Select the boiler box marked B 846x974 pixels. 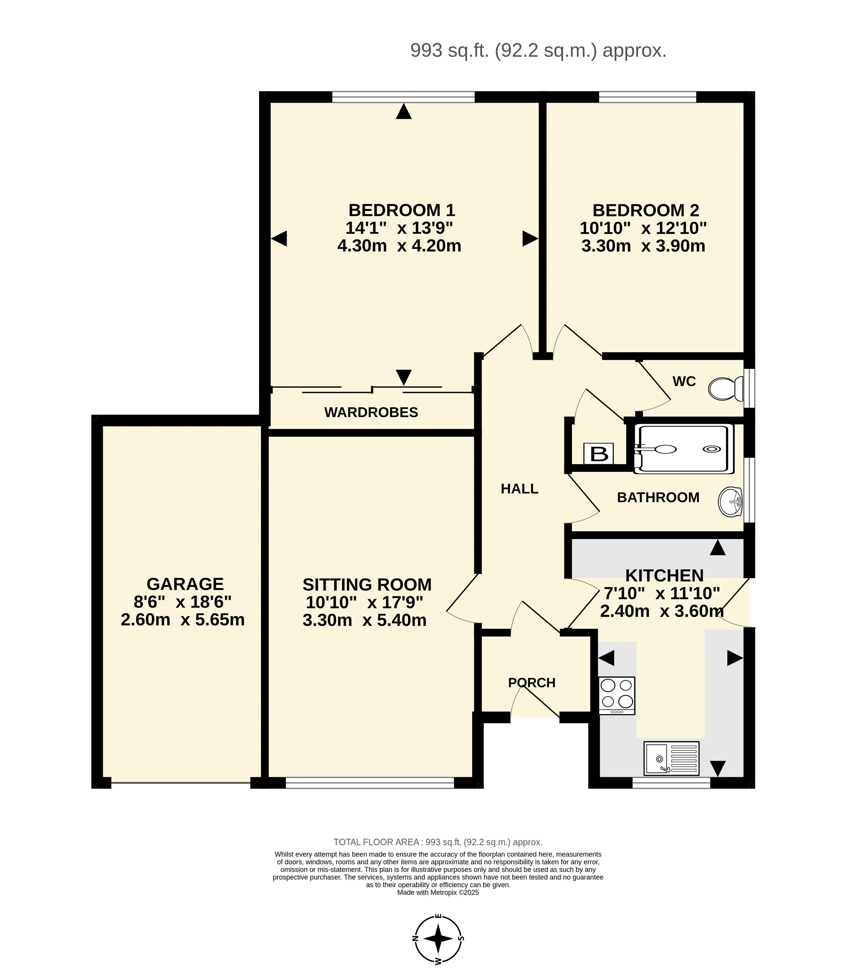click(599, 454)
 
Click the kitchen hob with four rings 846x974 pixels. click(617, 696)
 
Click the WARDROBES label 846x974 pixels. click(371, 413)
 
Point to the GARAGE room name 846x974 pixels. click(185, 584)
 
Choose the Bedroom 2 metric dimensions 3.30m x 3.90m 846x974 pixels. click(643, 246)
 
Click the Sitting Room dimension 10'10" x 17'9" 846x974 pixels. click(364, 602)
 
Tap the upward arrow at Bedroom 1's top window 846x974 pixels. click(404, 112)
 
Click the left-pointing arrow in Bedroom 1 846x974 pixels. click(279, 239)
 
